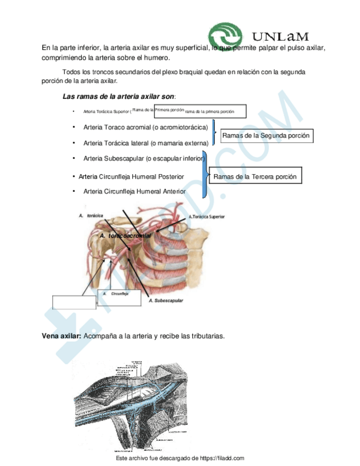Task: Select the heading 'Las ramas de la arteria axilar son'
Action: click(118, 97)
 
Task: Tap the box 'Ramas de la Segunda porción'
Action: click(266, 135)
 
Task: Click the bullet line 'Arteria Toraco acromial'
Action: click(146, 127)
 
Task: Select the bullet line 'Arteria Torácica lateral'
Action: click(146, 143)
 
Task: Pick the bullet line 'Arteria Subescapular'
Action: click(145, 158)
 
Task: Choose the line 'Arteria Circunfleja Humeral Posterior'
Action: click(131, 176)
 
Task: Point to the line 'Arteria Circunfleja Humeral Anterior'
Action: click(134, 191)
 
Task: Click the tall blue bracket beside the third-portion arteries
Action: click(205, 175)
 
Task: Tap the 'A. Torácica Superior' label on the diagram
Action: click(207, 217)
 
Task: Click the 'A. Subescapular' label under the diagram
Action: click(166, 301)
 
